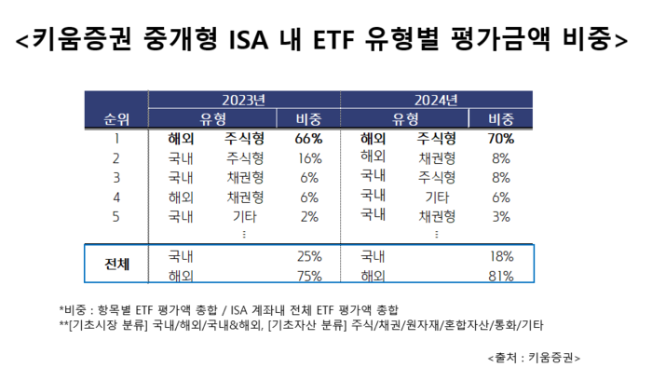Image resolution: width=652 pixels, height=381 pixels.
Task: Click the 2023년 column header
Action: tap(244, 100)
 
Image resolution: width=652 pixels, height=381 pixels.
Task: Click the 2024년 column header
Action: tap(436, 100)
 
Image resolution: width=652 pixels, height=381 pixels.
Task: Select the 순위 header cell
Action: tap(116, 118)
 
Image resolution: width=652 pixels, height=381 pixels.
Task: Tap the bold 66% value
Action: tap(307, 139)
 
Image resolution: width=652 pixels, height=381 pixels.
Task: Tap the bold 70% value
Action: tap(501, 139)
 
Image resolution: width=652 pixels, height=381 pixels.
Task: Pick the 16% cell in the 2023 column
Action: tap(308, 158)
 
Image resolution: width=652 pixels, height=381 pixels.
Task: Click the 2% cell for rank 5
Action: tap(309, 216)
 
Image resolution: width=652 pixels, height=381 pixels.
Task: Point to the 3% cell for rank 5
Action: tap(501, 215)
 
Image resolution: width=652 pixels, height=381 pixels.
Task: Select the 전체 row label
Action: tap(116, 265)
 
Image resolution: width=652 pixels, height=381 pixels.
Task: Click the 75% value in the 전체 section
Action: tap(308, 276)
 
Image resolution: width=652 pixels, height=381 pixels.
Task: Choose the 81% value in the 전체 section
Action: tap(501, 276)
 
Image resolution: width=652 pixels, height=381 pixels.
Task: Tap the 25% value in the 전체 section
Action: tap(308, 255)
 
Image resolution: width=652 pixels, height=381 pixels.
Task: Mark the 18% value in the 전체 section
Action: tap(501, 255)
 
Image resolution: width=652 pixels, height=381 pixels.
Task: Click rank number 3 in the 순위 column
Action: tap(116, 177)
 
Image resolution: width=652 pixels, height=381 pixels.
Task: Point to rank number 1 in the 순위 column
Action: tap(116, 139)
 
